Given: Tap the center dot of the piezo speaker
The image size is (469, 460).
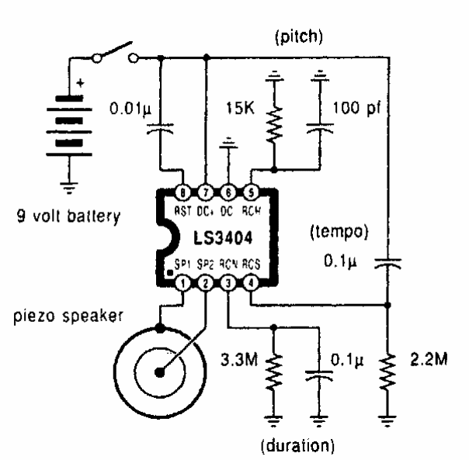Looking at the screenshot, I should click(159, 372).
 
